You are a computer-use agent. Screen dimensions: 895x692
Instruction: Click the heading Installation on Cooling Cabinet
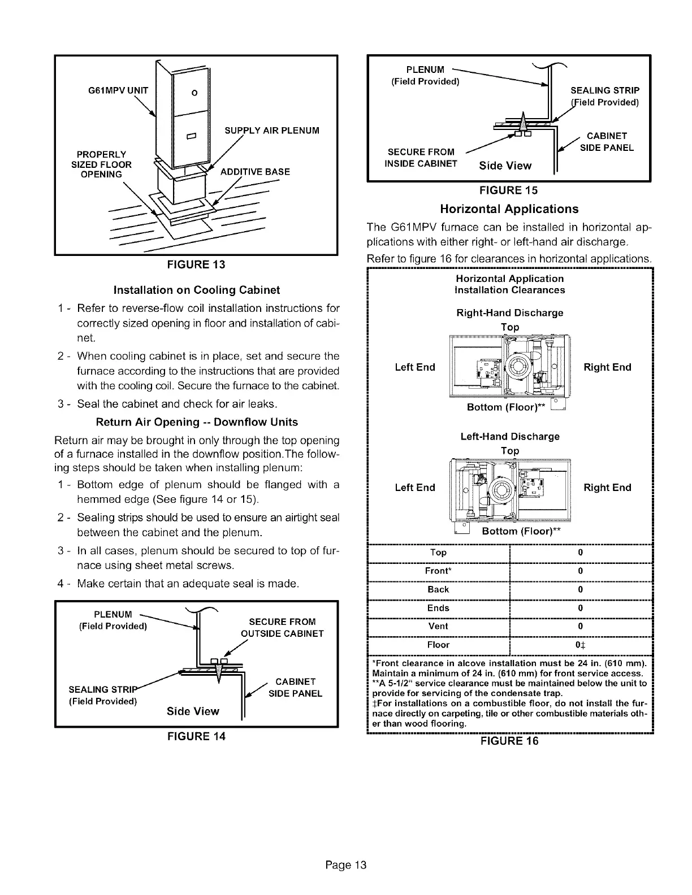point(197,290)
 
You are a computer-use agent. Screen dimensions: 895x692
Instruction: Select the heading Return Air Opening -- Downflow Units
point(197,422)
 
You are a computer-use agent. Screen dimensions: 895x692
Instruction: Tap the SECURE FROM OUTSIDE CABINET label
point(282,628)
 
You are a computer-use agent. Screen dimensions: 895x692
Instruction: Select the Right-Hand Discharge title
point(509,313)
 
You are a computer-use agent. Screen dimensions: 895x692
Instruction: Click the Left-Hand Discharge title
point(509,437)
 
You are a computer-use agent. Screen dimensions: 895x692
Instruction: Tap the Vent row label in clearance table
point(438,626)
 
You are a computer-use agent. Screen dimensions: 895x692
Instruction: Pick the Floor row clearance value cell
point(581,645)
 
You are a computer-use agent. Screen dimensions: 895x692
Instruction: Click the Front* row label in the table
point(438,571)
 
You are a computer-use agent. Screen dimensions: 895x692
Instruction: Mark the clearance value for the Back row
point(581,589)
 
